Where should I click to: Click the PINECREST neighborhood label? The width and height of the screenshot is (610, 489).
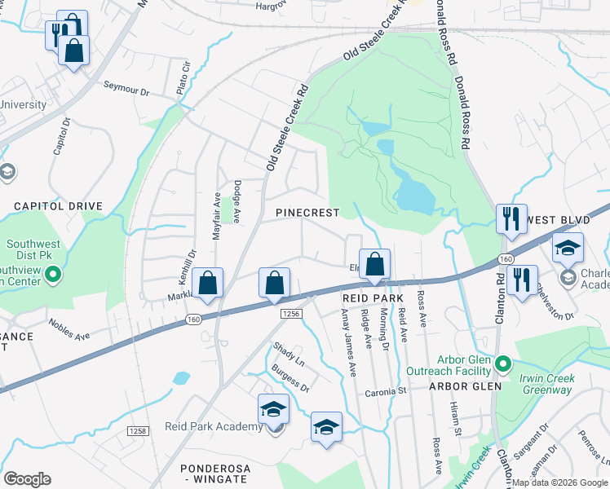click(307, 213)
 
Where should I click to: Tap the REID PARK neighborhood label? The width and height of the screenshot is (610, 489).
click(374, 300)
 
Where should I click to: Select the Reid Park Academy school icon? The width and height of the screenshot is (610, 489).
click(273, 411)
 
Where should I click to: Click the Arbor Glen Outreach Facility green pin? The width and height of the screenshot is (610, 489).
click(505, 362)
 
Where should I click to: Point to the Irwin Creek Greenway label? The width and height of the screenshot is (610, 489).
click(546, 384)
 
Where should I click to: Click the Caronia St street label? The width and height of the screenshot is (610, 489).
click(390, 391)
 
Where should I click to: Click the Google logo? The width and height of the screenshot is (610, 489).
click(28, 479)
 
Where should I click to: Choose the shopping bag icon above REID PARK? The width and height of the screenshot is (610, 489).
click(374, 266)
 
